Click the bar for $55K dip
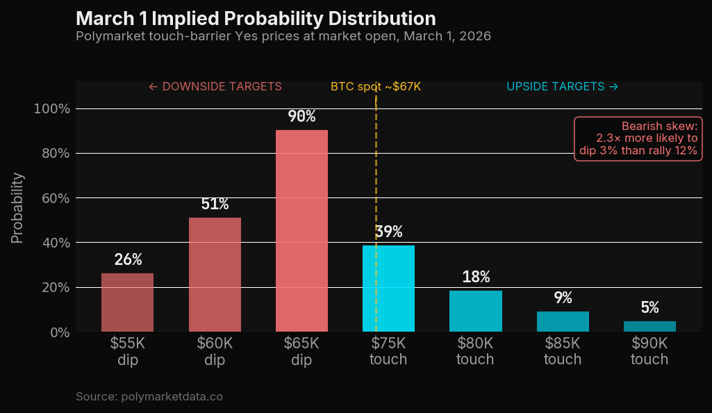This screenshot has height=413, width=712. click(127, 302)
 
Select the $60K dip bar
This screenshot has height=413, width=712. click(215, 275)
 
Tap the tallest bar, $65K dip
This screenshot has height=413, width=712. click(301, 231)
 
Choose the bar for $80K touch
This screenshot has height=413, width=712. click(476, 311)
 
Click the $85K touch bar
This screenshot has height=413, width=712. click(563, 322)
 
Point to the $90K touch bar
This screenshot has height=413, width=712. click(649, 327)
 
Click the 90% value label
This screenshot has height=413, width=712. click(301, 116)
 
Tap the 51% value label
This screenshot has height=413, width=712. click(215, 204)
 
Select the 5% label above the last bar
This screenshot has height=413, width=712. click(649, 307)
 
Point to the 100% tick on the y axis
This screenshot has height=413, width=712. click(52, 108)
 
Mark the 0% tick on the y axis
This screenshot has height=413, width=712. click(58, 332)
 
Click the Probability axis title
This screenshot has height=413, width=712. click(17, 208)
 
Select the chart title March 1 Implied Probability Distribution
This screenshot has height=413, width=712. click(256, 18)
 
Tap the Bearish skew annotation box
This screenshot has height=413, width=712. click(638, 139)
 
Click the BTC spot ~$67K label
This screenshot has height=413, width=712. click(376, 87)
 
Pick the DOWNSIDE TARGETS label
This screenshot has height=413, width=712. click(215, 87)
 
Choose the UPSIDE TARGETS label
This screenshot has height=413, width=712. click(562, 87)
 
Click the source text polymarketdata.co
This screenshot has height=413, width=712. click(149, 396)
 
